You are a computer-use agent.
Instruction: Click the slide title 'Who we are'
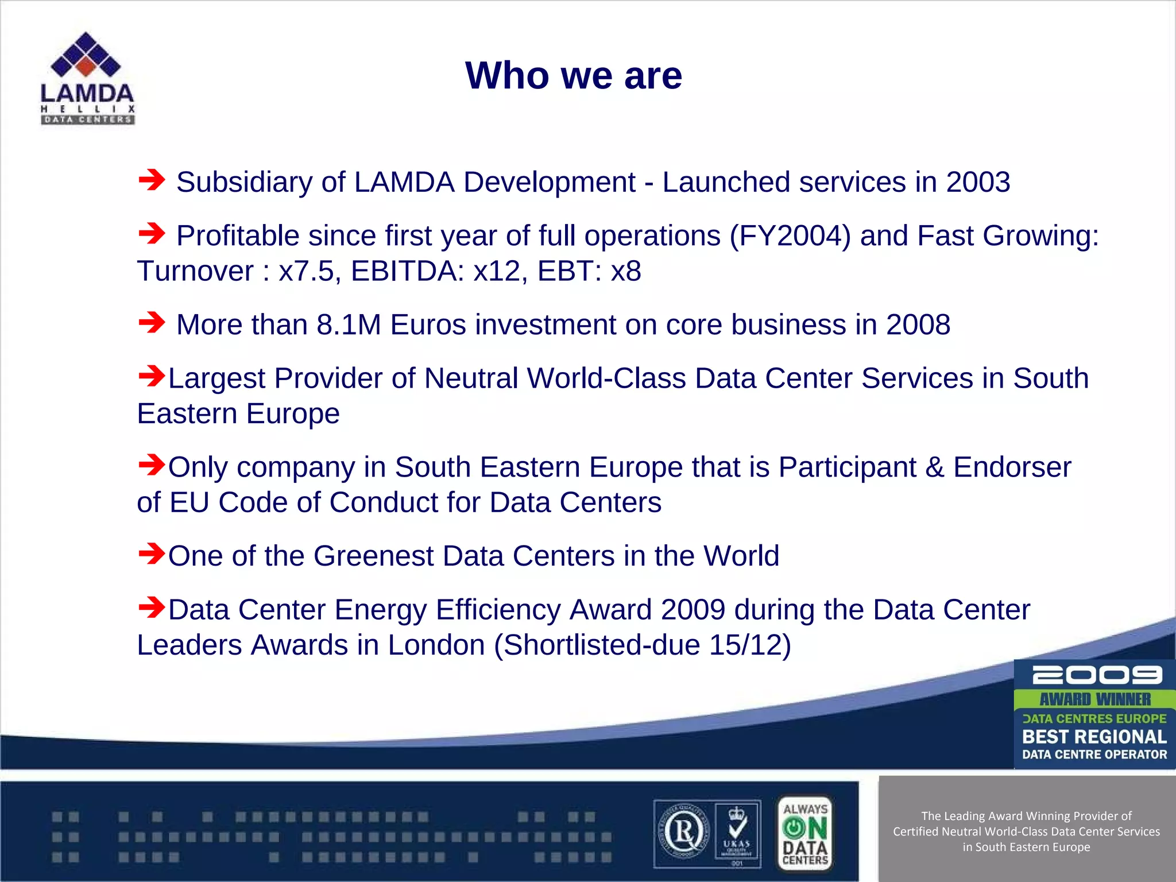(573, 76)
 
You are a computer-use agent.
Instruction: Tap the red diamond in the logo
(86, 66)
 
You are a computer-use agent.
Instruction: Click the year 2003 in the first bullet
(977, 182)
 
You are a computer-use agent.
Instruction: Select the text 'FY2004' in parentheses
(790, 236)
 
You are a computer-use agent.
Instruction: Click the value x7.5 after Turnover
(305, 271)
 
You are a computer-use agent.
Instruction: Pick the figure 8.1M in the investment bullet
(349, 325)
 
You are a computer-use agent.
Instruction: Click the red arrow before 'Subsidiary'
(152, 180)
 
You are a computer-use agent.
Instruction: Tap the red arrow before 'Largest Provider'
(152, 377)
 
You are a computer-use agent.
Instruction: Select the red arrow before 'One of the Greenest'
(152, 554)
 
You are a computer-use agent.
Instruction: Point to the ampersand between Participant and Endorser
(934, 467)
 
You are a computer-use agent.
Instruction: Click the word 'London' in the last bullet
(436, 645)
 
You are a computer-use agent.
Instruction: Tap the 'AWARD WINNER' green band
(1095, 699)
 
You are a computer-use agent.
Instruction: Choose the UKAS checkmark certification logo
(737, 833)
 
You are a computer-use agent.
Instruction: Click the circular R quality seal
(684, 833)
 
